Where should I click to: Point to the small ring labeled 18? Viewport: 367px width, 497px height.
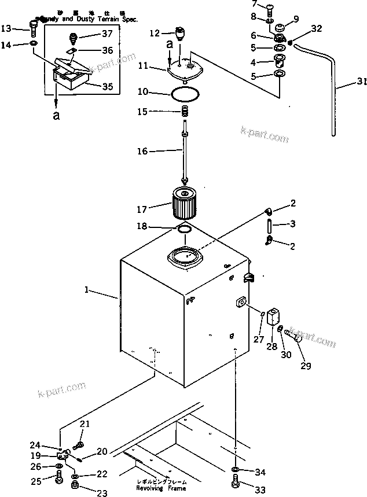pyautogui.click(x=184, y=230)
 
